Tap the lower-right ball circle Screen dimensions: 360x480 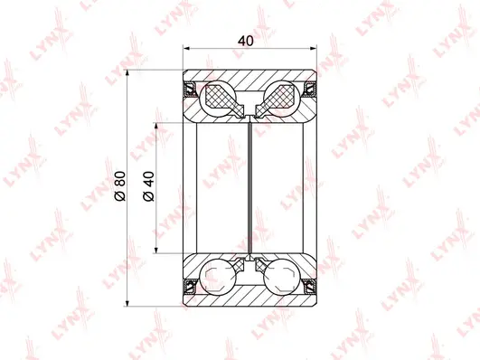click(281, 276)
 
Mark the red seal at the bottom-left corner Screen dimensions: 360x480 click(191, 286)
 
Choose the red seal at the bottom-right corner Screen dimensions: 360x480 click(311, 286)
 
